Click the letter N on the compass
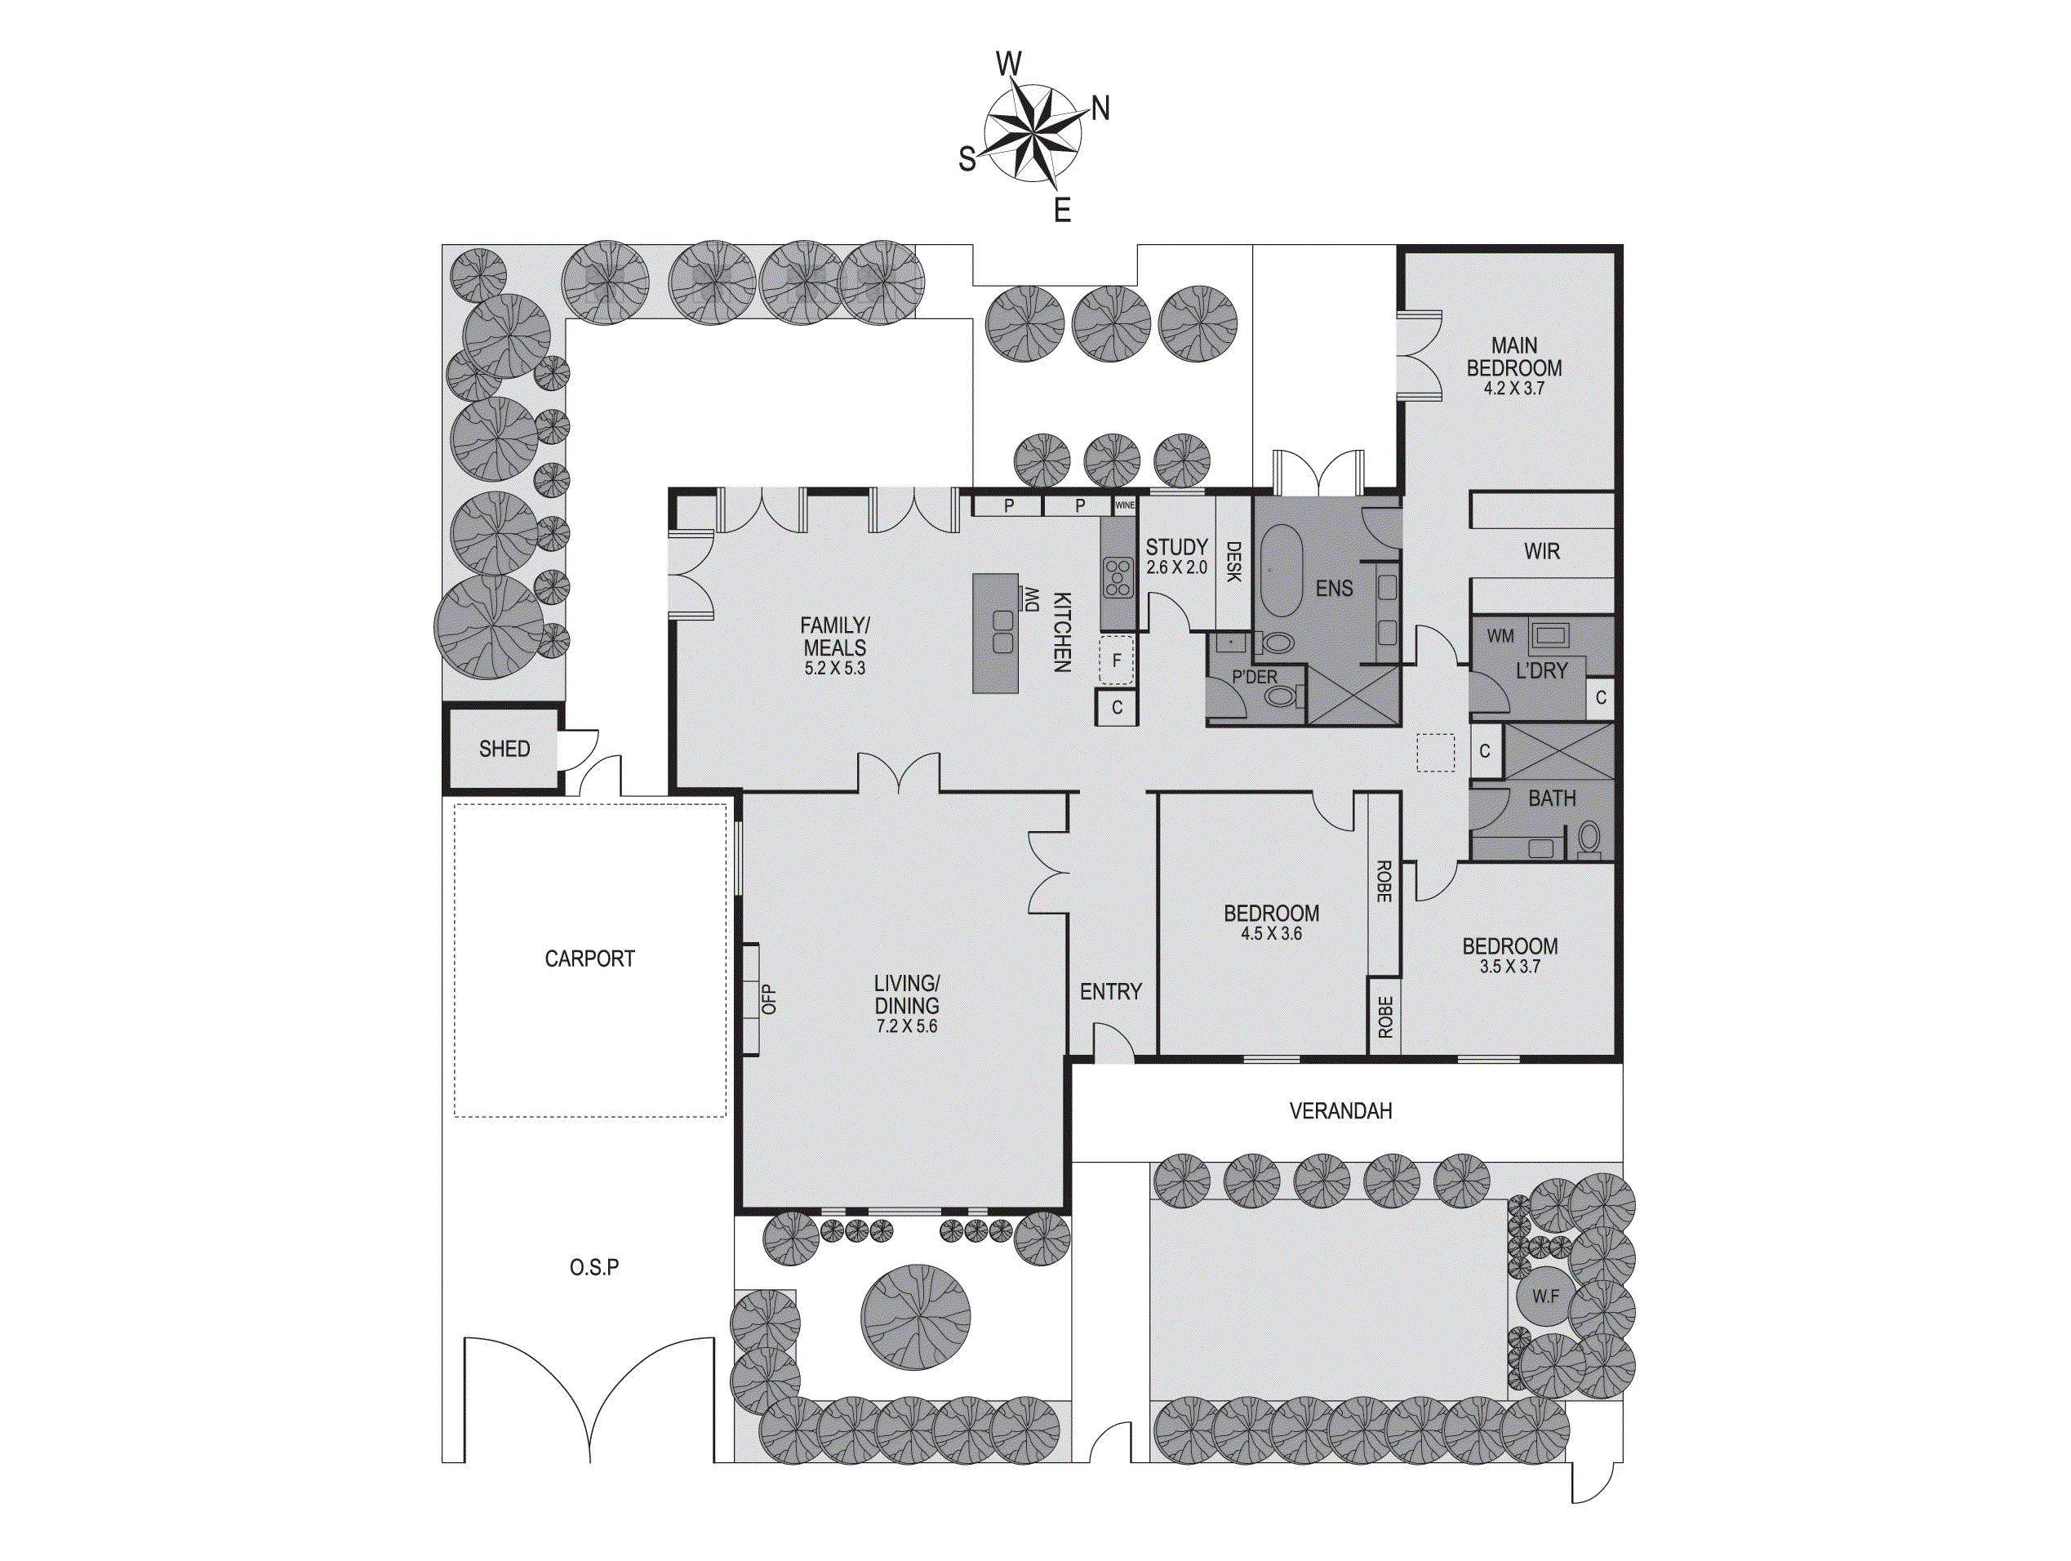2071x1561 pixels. (x=1101, y=109)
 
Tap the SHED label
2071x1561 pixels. (x=504, y=749)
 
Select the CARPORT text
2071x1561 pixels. (x=590, y=958)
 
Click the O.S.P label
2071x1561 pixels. (x=593, y=1268)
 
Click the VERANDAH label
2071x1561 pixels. (x=1340, y=1111)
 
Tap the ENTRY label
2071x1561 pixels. (x=1110, y=992)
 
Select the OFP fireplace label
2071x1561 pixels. (x=770, y=999)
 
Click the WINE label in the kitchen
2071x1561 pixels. (x=1124, y=505)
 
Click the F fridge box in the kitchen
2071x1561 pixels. (x=1116, y=660)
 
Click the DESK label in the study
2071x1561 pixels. (x=1233, y=562)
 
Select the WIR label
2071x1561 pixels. (x=1541, y=552)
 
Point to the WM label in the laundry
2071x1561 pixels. (x=1500, y=636)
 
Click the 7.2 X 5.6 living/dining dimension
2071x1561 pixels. (x=905, y=1026)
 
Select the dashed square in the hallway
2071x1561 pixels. (x=1434, y=752)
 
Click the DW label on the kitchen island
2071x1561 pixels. (x=1032, y=599)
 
